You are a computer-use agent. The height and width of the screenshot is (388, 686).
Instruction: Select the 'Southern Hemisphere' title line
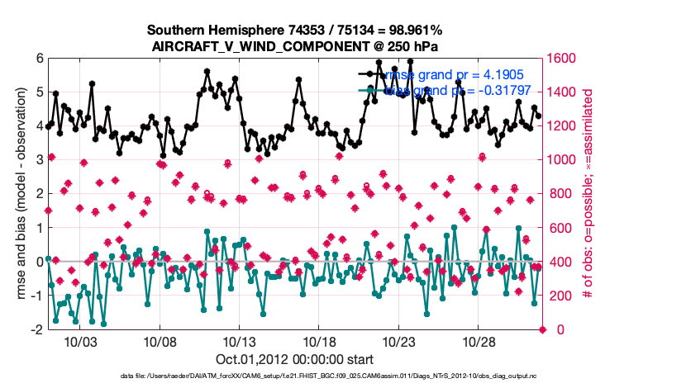[x=295, y=31]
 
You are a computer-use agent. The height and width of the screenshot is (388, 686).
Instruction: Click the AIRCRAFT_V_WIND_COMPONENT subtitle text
[x=295, y=46]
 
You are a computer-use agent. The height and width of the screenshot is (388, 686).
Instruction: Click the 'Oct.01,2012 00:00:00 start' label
[x=295, y=359]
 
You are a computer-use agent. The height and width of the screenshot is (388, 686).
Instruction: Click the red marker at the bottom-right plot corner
[x=543, y=329]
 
